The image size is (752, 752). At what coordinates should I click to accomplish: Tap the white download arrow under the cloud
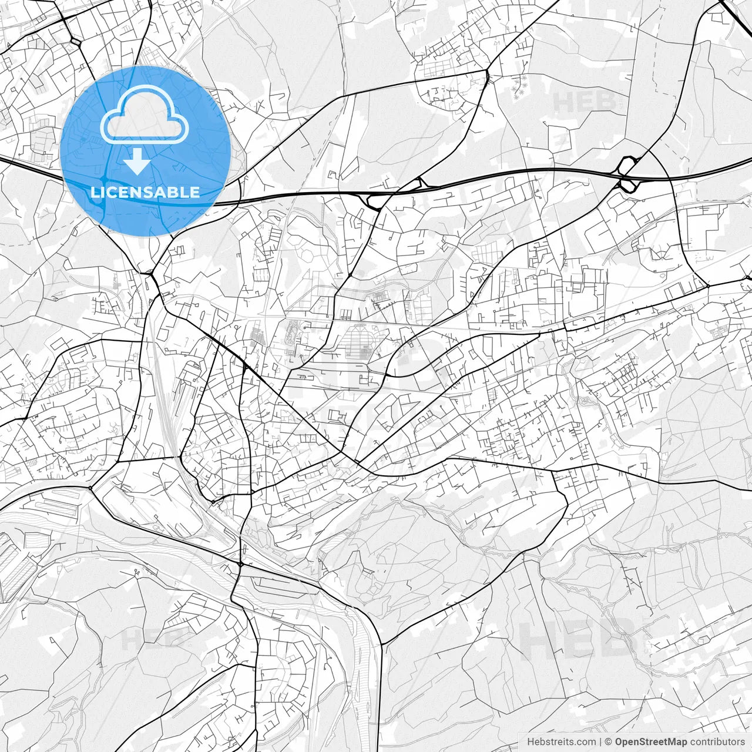pyautogui.click(x=138, y=162)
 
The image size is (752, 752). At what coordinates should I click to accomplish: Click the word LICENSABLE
pyautogui.click(x=145, y=192)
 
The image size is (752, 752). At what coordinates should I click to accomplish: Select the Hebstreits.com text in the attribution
pyautogui.click(x=561, y=742)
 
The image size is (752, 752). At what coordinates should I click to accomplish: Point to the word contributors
pyautogui.click(x=717, y=742)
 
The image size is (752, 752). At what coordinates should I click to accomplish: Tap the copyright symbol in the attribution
pyautogui.click(x=609, y=742)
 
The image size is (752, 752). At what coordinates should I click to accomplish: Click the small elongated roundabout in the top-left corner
pyautogui.click(x=76, y=42)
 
